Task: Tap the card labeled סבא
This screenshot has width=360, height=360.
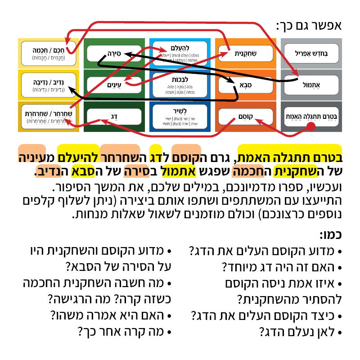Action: pyautogui.click(x=245, y=85)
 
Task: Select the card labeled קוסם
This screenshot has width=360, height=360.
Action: pyautogui.click(x=245, y=116)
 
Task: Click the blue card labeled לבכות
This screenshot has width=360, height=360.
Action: pyautogui.click(x=180, y=85)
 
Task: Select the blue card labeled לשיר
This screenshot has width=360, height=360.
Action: pyautogui.click(x=180, y=116)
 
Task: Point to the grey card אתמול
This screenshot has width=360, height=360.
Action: pyautogui.click(x=311, y=85)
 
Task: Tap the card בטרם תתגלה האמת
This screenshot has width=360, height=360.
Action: pyautogui.click(x=311, y=116)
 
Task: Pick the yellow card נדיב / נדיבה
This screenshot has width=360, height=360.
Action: pyautogui.click(x=49, y=85)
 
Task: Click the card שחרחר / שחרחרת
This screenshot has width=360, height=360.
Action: pyautogui.click(x=49, y=116)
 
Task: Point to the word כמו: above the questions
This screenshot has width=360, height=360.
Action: pyautogui.click(x=330, y=234)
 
